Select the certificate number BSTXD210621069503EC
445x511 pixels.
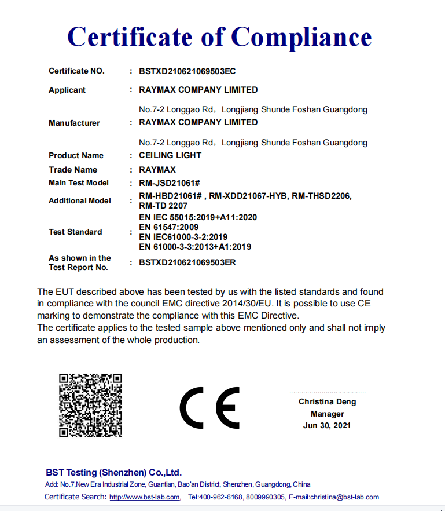(187, 71)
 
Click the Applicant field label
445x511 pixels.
(67, 90)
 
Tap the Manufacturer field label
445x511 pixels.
(74, 123)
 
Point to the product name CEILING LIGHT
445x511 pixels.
(170, 155)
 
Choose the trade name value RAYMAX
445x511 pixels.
(157, 170)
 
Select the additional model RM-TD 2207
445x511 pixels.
(163, 205)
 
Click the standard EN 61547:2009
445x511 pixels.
(169, 227)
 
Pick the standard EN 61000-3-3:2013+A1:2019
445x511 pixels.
(195, 247)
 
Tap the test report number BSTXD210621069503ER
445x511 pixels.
(187, 262)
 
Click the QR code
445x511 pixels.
(90, 405)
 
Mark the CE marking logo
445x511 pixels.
(209, 407)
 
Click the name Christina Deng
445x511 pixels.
(328, 402)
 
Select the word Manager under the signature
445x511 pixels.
(328, 414)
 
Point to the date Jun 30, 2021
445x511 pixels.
(327, 426)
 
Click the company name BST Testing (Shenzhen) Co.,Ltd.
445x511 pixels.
(113, 472)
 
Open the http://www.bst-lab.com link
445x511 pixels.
(145, 497)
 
